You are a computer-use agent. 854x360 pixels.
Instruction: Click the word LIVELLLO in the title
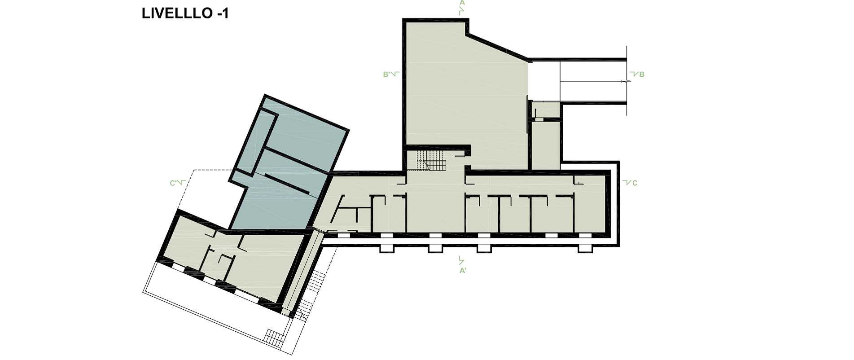pos(175,14)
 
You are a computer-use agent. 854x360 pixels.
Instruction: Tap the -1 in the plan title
pos(221,14)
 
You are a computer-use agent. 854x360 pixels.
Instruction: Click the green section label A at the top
pos(462,2)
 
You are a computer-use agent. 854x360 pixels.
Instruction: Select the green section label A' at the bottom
pos(462,271)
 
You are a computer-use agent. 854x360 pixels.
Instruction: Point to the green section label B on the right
pos(642,75)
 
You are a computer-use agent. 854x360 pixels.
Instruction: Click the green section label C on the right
pos(635,183)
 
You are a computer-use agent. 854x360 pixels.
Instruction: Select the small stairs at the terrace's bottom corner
pos(272,337)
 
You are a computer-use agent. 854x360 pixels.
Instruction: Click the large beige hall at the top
pos(464,94)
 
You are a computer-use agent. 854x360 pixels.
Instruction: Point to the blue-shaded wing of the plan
pos(287,166)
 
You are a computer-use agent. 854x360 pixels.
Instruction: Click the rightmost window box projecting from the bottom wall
pos(584,249)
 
